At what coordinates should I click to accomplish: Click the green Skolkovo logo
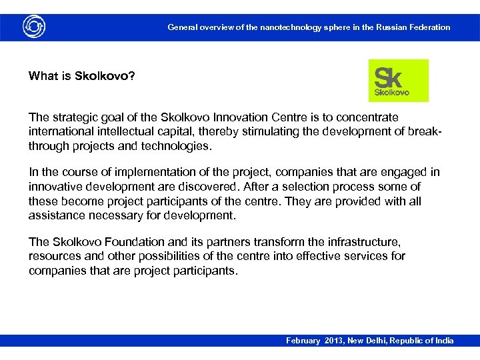[x=398, y=81]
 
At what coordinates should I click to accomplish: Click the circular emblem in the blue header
[x=34, y=27]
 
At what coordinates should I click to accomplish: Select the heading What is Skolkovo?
[x=81, y=75]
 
